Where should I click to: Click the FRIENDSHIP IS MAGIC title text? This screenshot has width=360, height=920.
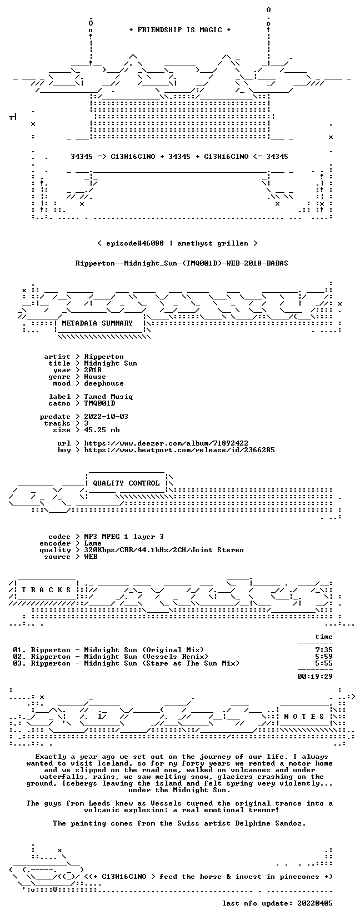click(x=180, y=30)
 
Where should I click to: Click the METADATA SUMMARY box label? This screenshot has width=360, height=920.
click(x=97, y=323)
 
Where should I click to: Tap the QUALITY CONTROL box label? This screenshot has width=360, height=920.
click(x=126, y=483)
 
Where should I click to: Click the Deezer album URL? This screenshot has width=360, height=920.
click(x=166, y=443)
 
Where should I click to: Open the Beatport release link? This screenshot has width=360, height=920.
click(x=179, y=450)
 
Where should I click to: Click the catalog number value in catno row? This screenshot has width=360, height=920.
click(x=100, y=403)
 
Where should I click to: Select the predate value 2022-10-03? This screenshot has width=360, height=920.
click(x=106, y=417)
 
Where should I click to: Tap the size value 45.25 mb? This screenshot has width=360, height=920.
click(x=102, y=430)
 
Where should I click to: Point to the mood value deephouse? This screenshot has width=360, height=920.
click(x=104, y=383)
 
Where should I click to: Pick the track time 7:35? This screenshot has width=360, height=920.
click(x=324, y=650)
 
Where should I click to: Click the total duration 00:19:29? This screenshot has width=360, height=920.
click(x=315, y=677)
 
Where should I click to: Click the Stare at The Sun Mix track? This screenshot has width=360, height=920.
click(x=135, y=663)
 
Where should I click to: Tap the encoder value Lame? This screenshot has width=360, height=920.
click(x=93, y=543)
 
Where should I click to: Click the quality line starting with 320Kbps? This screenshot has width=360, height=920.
click(x=164, y=550)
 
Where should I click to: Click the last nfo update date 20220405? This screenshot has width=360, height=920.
click(x=315, y=903)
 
